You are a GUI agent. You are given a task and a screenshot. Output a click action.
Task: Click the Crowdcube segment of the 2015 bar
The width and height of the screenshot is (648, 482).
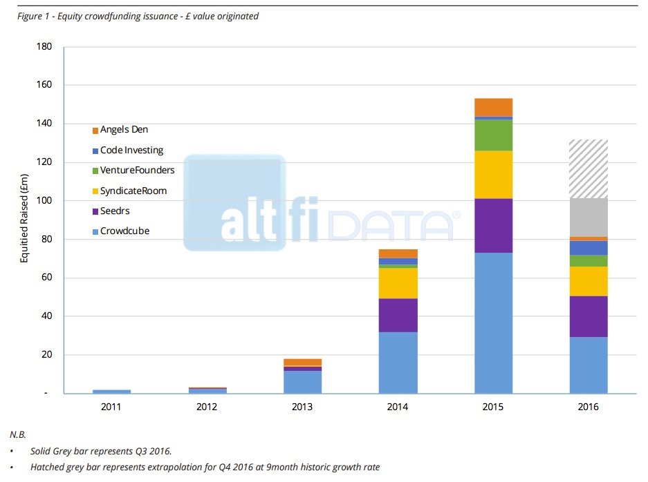point(493,322)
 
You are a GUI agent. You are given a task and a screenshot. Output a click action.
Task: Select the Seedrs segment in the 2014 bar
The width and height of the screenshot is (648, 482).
point(398,315)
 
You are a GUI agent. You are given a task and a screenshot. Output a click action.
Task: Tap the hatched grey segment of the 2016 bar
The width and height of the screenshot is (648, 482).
point(589,168)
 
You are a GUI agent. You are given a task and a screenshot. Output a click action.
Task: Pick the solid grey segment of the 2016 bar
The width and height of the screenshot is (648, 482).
point(589,218)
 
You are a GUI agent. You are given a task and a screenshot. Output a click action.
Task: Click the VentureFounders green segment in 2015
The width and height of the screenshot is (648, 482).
point(493,135)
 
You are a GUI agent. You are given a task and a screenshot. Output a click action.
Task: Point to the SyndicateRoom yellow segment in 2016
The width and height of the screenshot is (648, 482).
point(589,281)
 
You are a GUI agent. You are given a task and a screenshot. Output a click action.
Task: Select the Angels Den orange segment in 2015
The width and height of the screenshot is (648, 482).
point(493,107)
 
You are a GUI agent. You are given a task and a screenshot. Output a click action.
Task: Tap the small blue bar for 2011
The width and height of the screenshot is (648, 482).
point(111,392)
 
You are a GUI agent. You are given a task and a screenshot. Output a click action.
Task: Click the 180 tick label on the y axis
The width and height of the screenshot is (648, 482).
point(44,47)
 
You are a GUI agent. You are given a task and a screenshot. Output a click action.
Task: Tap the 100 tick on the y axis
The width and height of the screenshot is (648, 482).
point(44,201)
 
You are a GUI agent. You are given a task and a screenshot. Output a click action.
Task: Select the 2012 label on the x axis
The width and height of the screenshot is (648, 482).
point(207,407)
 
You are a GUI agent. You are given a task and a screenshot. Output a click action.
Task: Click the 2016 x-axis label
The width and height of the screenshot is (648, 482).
point(589,407)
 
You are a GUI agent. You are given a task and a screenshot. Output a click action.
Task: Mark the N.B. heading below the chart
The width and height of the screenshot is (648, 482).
point(18,434)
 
